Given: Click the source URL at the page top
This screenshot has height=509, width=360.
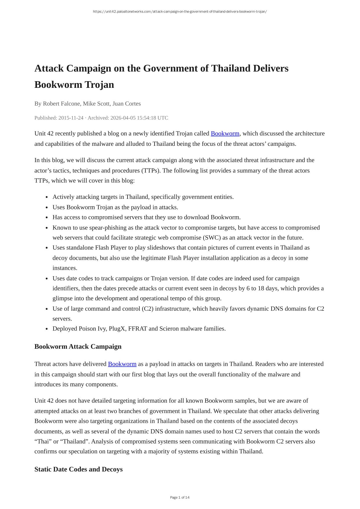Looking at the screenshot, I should [180, 12].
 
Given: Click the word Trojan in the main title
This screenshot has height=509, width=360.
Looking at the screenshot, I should [99, 85].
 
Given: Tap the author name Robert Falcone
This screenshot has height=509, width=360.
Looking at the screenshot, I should [61, 103].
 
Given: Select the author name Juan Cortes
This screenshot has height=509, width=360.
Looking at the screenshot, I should [126, 103].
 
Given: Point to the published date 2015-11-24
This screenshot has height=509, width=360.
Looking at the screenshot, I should [71, 118].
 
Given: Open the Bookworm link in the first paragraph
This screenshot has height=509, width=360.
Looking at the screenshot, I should [225, 133].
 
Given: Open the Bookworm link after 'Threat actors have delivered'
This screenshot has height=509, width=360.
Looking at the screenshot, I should [122, 364].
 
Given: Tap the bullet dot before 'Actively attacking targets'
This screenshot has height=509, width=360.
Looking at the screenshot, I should [47, 197].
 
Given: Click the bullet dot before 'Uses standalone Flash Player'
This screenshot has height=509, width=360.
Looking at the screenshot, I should [47, 248].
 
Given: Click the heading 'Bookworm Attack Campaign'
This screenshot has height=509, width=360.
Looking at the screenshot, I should [78, 346].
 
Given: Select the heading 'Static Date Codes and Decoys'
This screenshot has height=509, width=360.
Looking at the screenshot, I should [79, 469].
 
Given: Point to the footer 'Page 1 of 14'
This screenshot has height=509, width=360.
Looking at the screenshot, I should [180, 497].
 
